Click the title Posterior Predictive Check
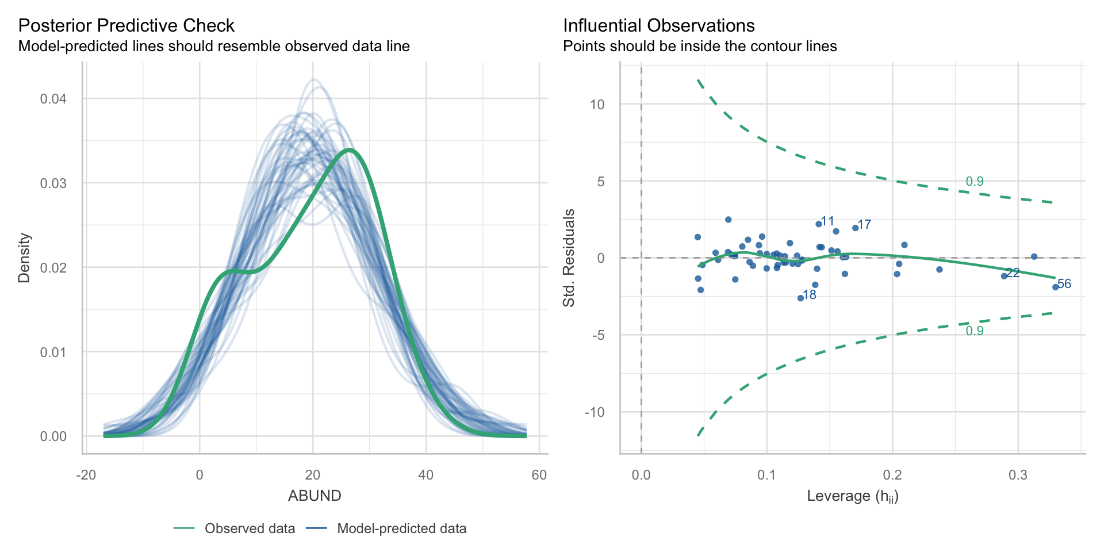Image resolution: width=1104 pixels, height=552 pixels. (126, 26)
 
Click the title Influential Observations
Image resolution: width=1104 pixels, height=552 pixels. (658, 26)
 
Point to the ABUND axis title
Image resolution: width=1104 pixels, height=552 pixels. (315, 496)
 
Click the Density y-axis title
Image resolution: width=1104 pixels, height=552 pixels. (24, 258)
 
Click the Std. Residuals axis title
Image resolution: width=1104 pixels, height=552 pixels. (569, 258)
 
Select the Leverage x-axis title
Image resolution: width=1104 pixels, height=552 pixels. (852, 496)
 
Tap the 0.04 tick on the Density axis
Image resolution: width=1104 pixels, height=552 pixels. (53, 99)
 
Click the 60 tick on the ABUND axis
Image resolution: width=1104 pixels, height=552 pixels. (539, 475)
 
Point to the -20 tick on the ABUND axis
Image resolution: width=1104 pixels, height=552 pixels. (86, 475)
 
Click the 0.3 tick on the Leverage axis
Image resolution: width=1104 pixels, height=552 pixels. (1018, 475)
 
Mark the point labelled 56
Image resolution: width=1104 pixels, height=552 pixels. (1055, 287)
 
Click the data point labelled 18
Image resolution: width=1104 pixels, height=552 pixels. (800, 298)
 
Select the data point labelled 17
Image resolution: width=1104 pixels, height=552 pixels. (855, 228)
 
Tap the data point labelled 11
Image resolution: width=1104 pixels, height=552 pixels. (818, 224)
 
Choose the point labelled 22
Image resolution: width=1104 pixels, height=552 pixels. (1004, 276)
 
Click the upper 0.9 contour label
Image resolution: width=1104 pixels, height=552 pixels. (975, 182)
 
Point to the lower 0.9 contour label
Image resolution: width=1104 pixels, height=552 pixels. (975, 331)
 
